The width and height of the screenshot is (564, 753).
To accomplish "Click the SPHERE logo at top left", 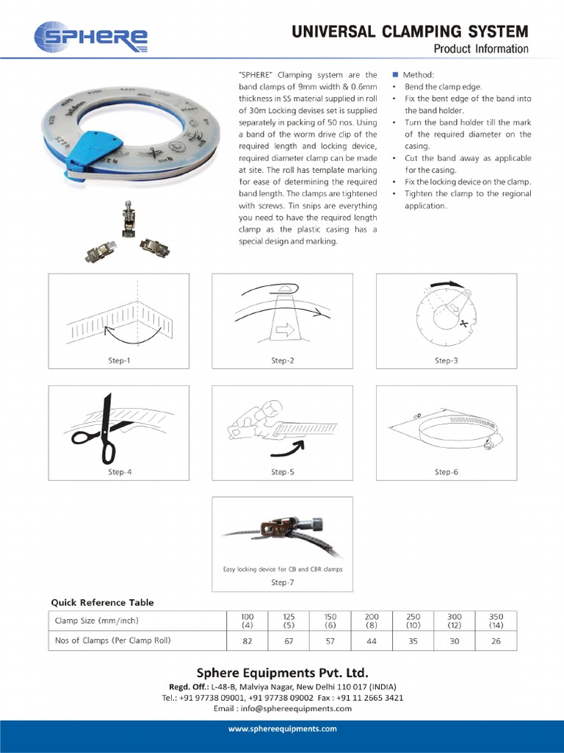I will (x=91, y=38).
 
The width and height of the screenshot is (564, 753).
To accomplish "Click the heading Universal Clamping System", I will (x=410, y=31).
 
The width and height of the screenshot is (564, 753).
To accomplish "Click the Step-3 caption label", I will (x=446, y=360).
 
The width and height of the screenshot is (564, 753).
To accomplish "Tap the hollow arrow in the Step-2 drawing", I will (x=283, y=332).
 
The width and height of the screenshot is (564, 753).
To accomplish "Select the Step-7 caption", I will (x=282, y=582).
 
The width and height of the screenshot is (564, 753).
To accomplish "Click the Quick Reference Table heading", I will (x=102, y=602).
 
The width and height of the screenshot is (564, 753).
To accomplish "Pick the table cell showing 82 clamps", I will (x=247, y=640).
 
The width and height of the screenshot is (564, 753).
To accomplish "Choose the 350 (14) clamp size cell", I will (x=496, y=621).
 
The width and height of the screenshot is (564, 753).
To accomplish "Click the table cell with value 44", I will (x=372, y=640).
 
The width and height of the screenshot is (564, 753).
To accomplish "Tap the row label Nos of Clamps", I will (x=113, y=640).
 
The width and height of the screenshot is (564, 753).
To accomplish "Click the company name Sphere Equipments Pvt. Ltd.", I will (x=282, y=673).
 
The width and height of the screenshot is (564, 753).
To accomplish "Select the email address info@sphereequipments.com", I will (x=282, y=708).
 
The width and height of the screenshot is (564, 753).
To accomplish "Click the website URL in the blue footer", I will (x=282, y=729).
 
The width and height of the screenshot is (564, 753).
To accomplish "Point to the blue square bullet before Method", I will (x=395, y=75).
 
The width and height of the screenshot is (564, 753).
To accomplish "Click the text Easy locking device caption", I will (x=283, y=569).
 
